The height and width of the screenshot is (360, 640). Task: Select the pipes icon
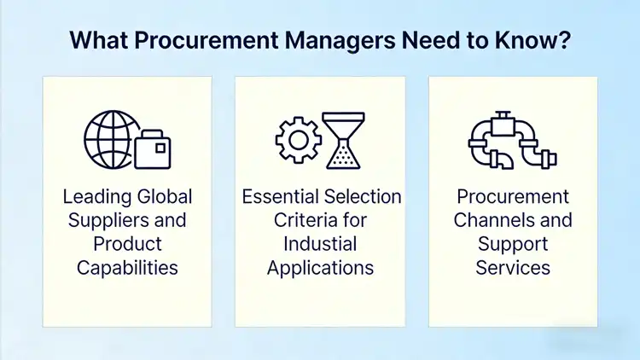coord(512,138)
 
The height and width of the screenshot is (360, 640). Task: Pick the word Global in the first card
coord(163,197)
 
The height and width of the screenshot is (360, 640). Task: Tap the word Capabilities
coord(127,268)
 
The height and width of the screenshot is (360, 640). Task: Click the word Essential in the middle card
coord(282,197)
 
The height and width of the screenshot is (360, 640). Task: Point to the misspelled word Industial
coord(320,244)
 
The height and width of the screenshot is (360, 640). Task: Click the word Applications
coord(320,268)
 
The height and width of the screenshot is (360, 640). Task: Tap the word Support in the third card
coord(513,244)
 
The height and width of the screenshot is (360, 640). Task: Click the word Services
coord(513,268)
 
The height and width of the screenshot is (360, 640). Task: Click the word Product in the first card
coord(127,244)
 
